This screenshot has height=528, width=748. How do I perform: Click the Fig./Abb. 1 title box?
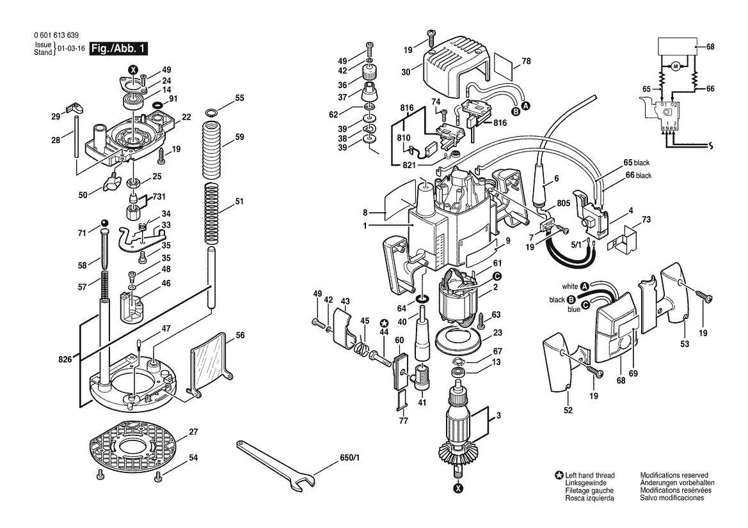118,49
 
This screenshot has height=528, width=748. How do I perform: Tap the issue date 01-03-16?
71,49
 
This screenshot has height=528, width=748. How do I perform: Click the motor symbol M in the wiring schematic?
674,66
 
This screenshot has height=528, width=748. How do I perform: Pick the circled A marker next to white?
584,286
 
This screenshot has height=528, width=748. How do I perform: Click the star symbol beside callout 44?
384,323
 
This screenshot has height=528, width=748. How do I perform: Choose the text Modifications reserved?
674,476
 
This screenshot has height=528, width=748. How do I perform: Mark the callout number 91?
173,99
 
